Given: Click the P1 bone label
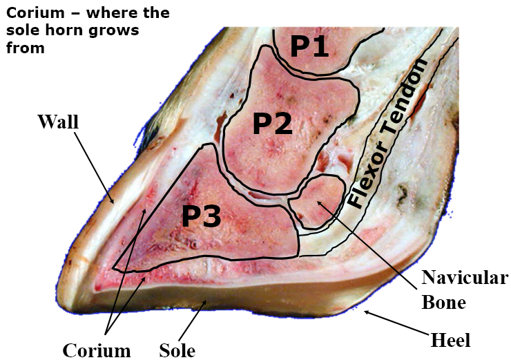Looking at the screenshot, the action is tap(310, 46).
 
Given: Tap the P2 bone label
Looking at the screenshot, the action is tap(272, 124).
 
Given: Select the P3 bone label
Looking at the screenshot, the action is tap(201, 217).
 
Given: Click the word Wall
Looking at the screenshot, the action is tap(59, 123).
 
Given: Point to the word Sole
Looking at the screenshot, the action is tap(177, 350).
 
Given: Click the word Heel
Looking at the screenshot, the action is tap(450, 340).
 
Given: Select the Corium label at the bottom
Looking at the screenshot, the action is tap(97, 350).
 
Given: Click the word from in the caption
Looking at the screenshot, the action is tap(25, 48).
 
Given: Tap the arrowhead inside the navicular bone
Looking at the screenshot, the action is tap(316, 200).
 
